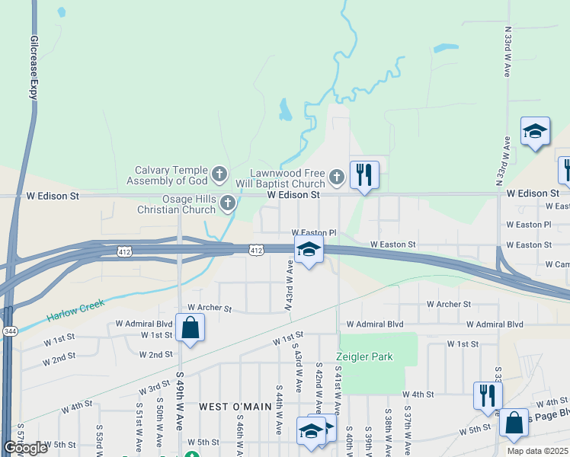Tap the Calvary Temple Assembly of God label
tap(171, 175)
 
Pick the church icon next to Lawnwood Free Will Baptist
tap(337, 178)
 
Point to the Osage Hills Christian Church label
tap(177, 204)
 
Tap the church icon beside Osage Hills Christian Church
tap(227, 203)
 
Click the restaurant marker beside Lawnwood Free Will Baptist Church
tap(364, 175)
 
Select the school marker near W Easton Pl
tap(309, 249)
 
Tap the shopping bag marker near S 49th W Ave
tap(189, 329)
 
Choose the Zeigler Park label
tap(360, 356)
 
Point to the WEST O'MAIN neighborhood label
tap(235, 407)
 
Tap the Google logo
tap(26, 448)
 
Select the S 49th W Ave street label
tap(181, 400)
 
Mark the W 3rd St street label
tap(154, 388)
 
